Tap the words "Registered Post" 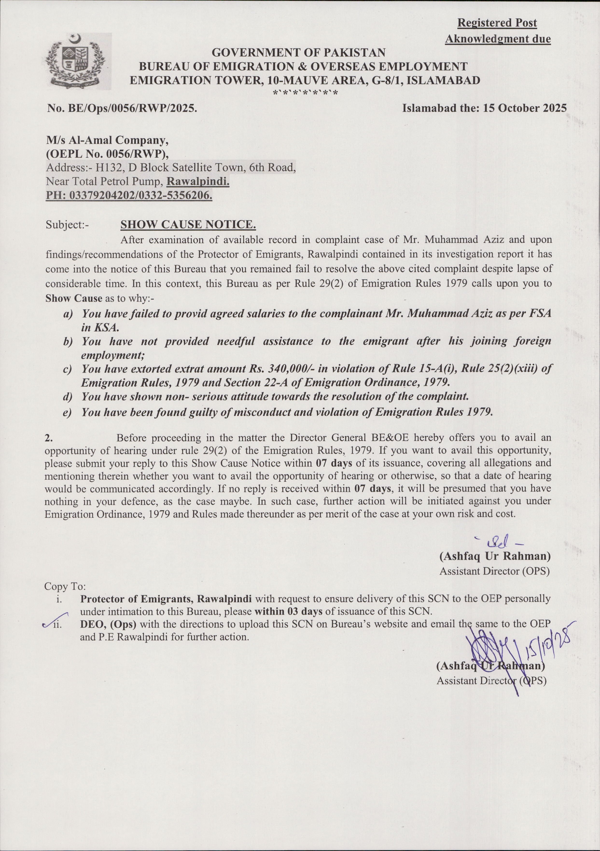point(497,23)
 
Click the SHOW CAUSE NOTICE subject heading point(188,224)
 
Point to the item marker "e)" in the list point(67,413)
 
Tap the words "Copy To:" point(65,587)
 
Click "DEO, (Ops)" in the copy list point(108,624)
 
